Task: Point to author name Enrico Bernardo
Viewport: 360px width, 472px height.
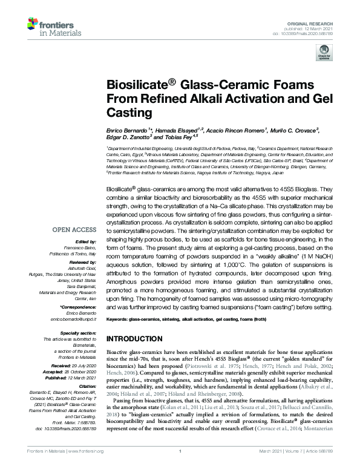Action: [x=129, y=130]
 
